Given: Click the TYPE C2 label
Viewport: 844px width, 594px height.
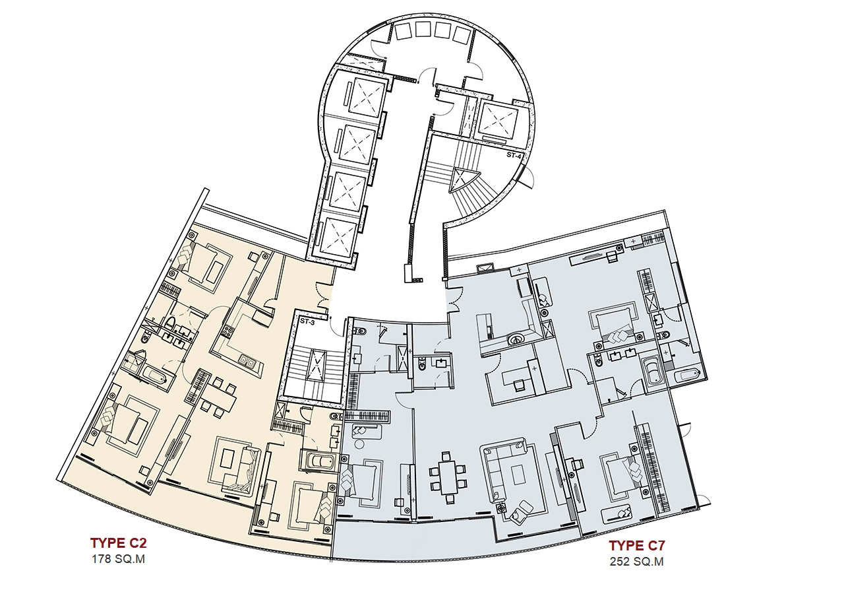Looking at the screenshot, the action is [x=118, y=543].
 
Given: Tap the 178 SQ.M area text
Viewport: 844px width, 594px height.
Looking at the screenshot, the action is [x=118, y=559].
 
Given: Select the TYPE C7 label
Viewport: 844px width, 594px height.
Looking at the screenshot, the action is [x=637, y=546].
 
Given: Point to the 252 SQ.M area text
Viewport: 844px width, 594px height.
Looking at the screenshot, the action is [x=637, y=562].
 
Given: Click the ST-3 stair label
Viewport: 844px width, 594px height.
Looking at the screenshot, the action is [x=307, y=321].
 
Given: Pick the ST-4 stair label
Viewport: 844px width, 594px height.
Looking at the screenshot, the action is [x=514, y=155].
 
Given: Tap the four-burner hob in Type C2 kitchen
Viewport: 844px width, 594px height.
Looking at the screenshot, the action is [x=227, y=331].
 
